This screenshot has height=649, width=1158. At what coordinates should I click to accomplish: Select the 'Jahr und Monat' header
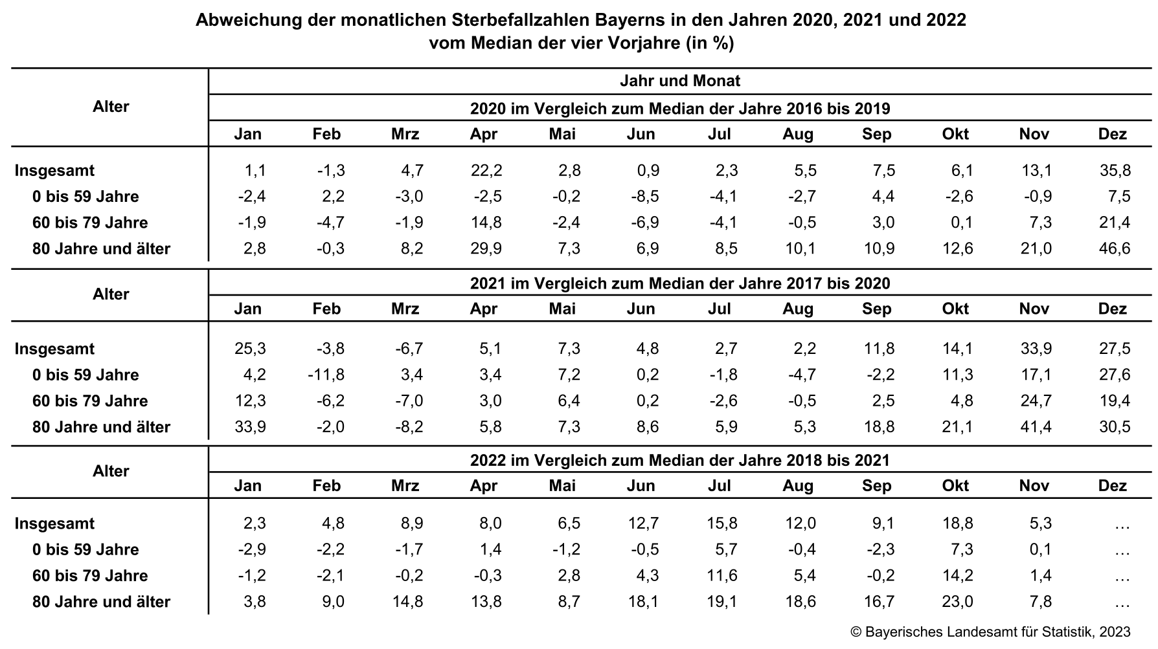click(679, 82)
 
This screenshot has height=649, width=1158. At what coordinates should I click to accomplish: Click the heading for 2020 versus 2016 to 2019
click(679, 109)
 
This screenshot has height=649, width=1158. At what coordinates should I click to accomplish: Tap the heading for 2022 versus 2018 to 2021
click(679, 460)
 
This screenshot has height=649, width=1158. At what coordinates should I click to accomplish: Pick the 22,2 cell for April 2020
click(487, 171)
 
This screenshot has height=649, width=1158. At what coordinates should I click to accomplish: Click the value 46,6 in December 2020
click(1115, 248)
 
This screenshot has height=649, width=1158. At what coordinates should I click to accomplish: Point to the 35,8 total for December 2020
click(1115, 171)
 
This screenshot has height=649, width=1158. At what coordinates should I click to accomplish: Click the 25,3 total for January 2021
click(251, 349)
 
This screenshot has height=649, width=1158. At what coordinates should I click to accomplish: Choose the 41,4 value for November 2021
click(1036, 427)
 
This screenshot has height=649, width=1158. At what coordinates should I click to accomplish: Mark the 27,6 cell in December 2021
click(1115, 375)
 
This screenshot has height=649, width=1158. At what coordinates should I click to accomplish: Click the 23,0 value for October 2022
click(958, 602)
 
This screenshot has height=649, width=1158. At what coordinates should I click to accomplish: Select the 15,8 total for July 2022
click(721, 523)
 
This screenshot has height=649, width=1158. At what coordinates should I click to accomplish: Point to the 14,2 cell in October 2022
click(958, 576)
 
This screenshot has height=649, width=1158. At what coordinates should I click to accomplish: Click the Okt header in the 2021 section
click(955, 309)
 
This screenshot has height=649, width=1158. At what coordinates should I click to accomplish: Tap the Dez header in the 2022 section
click(1113, 486)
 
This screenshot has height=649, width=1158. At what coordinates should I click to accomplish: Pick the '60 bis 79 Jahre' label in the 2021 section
click(90, 401)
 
